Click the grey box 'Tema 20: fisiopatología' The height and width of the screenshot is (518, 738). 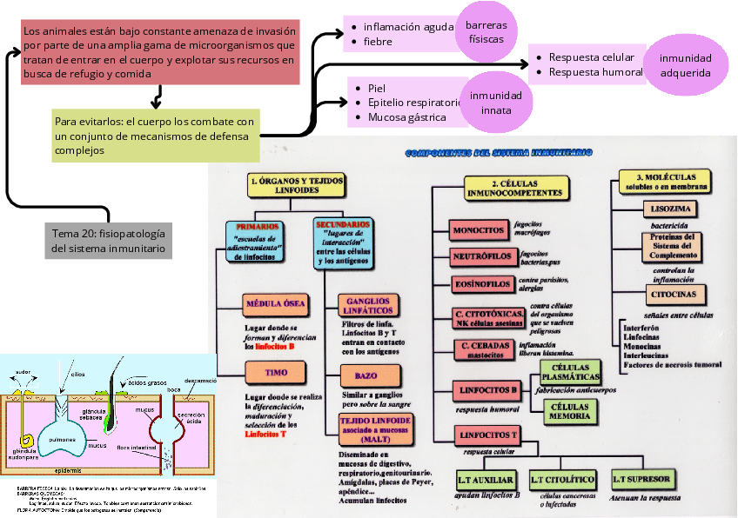click(x=108, y=241)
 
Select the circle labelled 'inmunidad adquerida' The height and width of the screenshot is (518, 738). click(x=685, y=65)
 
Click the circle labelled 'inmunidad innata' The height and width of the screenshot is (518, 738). click(x=496, y=103)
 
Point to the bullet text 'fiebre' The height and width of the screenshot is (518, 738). click(x=378, y=42)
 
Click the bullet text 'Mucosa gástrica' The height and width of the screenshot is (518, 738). click(x=406, y=116)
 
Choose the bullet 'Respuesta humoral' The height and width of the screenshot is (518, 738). click(x=595, y=72)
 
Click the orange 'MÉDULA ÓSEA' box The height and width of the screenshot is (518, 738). click(x=276, y=303)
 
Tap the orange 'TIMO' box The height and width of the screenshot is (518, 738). click(x=276, y=373)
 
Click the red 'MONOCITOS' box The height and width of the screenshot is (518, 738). click(x=478, y=230)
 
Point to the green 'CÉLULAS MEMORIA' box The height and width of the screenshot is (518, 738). click(x=569, y=411)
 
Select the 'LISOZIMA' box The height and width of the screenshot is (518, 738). click(x=672, y=209)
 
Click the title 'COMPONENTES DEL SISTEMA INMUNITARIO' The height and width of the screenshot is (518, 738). click(x=498, y=153)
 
